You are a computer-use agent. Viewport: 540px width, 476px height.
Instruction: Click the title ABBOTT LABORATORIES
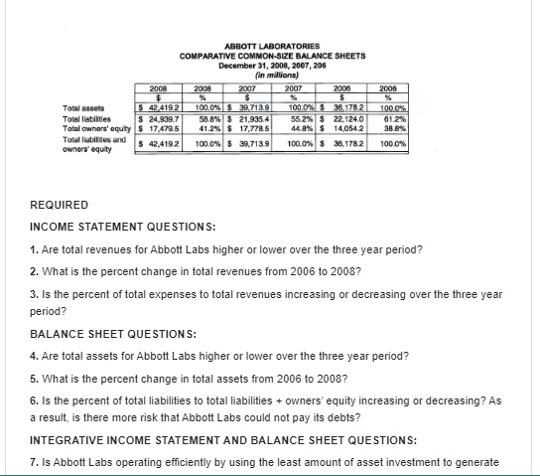point(270,47)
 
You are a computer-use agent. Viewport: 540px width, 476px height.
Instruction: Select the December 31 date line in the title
point(269,65)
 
